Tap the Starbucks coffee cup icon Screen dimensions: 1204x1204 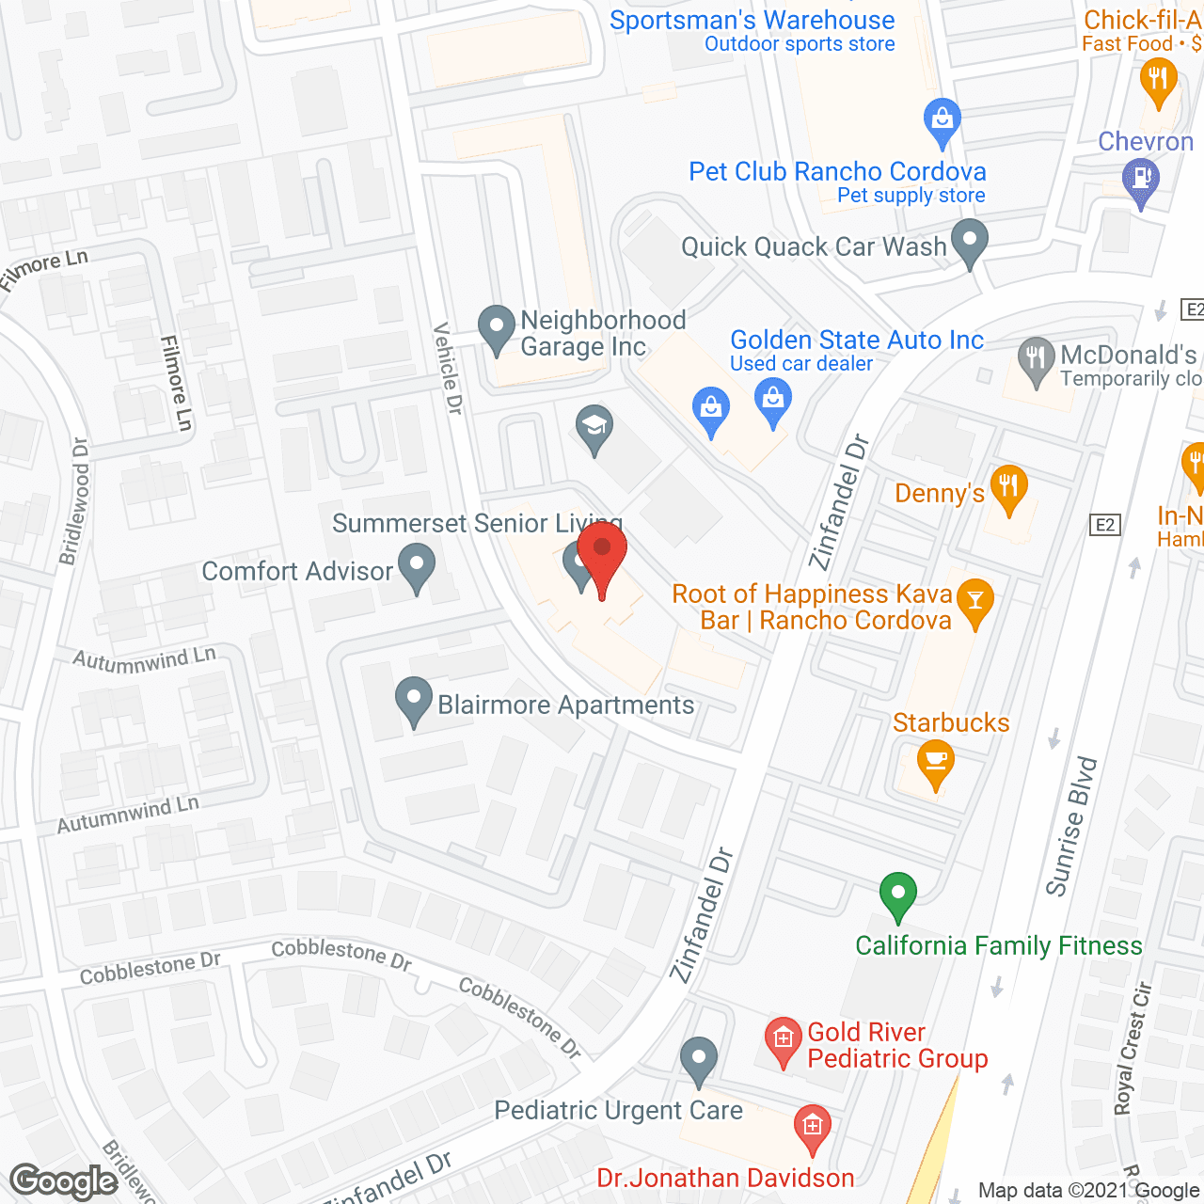tap(935, 760)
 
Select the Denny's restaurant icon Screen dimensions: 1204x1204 tap(1008, 486)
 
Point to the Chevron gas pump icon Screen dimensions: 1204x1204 tap(1141, 178)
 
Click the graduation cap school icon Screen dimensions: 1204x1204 tap(594, 426)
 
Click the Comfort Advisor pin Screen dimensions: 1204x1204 tap(417, 565)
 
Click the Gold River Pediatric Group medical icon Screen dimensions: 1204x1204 tap(783, 1038)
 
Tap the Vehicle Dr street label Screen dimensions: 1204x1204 tap(448, 368)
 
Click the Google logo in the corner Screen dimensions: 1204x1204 tap(64, 1181)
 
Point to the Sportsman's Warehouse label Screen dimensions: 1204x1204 tap(752, 20)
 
